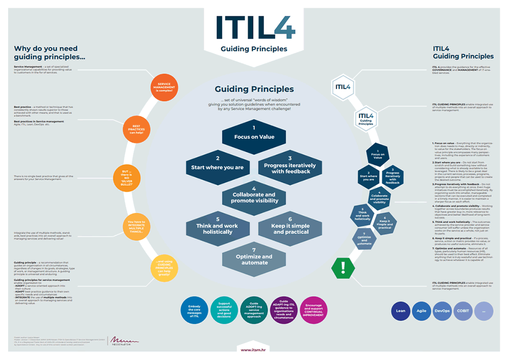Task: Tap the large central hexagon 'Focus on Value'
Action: (x=254, y=133)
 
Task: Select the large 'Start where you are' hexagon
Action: (x=217, y=163)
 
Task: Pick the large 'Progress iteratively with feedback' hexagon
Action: (x=290, y=165)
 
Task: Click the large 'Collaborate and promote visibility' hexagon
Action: (x=255, y=195)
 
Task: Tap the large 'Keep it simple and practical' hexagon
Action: (x=291, y=228)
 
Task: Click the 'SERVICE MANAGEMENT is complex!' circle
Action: (x=164, y=87)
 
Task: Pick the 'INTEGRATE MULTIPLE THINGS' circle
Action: (x=136, y=226)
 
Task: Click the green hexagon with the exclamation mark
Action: (x=343, y=267)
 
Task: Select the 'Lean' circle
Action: (x=401, y=311)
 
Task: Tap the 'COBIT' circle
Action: (x=462, y=311)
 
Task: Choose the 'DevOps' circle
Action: (x=442, y=311)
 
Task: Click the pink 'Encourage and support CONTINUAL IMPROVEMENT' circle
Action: (x=314, y=311)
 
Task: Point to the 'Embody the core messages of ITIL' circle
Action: (x=194, y=311)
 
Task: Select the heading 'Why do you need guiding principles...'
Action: (x=49, y=53)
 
